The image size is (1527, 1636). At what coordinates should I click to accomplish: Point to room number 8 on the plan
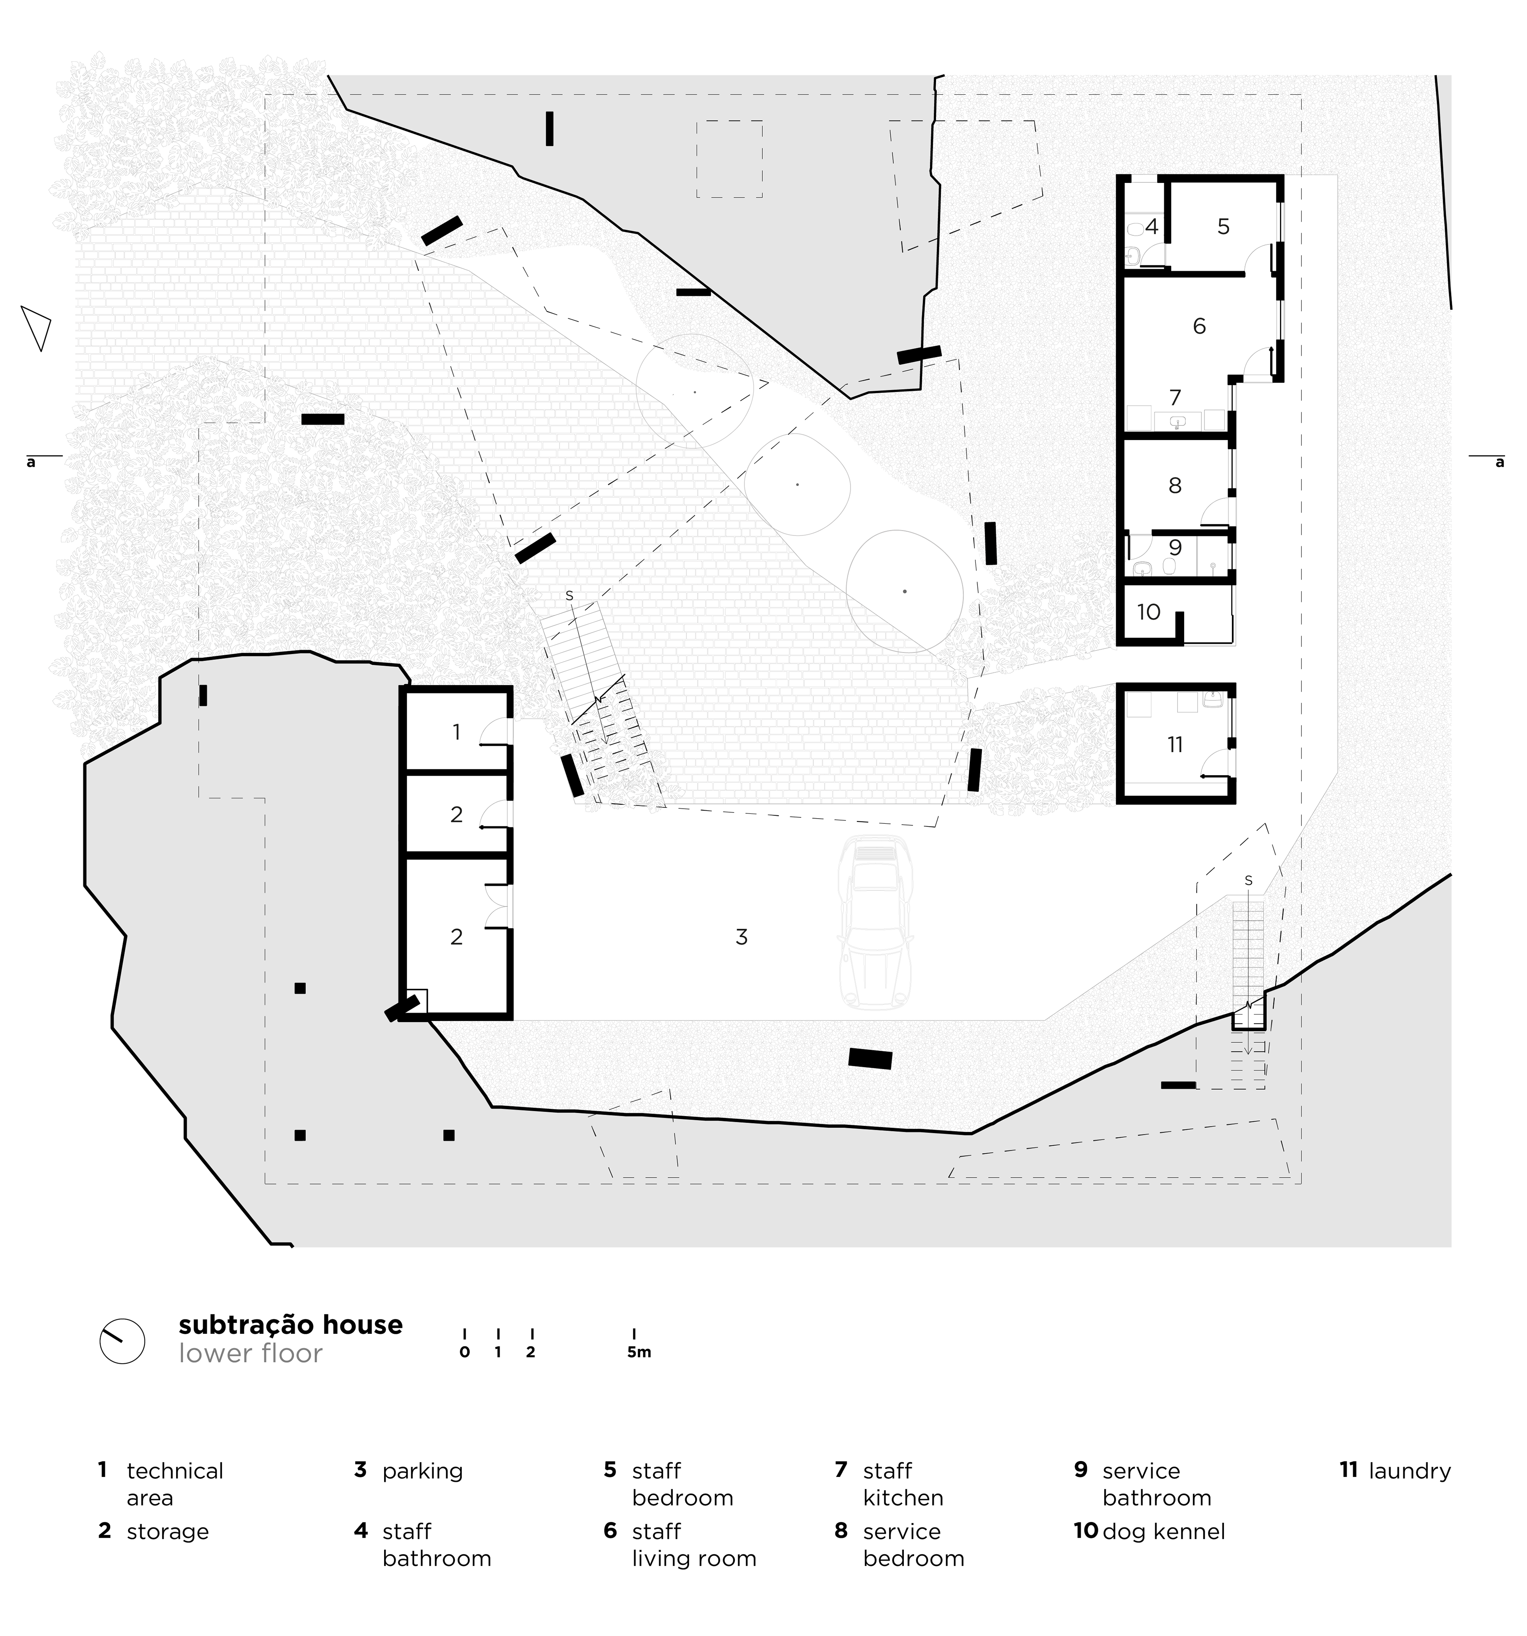[1175, 485]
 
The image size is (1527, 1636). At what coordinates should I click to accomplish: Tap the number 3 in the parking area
[741, 937]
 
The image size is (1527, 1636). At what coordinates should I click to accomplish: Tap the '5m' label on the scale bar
[639, 1352]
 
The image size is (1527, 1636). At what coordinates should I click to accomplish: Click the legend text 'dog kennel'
[1163, 1531]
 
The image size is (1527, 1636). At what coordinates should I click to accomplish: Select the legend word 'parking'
[422, 1471]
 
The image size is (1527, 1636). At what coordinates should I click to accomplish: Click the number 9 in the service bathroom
[1175, 547]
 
